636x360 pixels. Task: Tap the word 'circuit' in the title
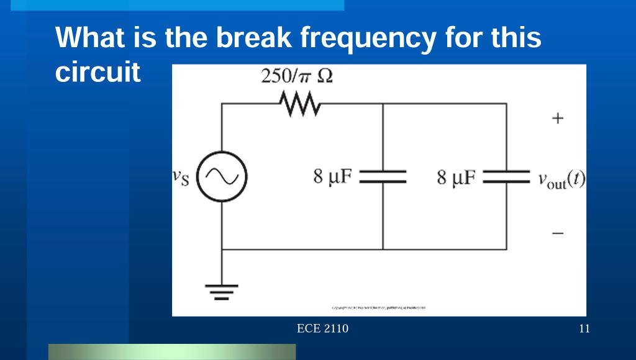pos(98,73)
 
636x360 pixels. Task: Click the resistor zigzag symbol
pos(300,104)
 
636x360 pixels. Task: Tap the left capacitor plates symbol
pos(383,177)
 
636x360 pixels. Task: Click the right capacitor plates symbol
pos(506,177)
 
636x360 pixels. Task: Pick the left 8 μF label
pos(333,178)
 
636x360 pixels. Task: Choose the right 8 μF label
pos(457,178)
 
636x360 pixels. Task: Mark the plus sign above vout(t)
pos(558,118)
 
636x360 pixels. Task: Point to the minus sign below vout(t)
pos(558,234)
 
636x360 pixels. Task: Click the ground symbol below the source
pos(222,290)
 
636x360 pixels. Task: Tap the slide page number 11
pos(584,329)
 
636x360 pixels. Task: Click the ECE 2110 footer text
pos(323,329)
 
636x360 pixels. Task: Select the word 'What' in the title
pos(89,38)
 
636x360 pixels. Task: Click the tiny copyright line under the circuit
pos(379,307)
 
